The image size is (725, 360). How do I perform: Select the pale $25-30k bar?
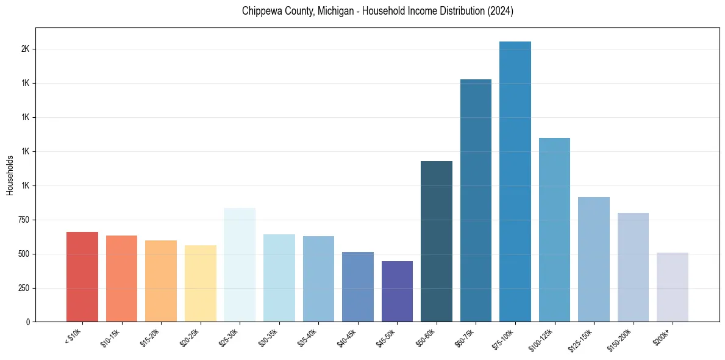[x=240, y=265]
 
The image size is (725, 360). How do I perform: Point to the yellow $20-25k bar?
[x=201, y=283]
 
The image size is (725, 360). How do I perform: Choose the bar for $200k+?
[x=673, y=287]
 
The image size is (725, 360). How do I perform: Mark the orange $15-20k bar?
[x=161, y=281]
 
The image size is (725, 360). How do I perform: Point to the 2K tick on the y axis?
[x=25, y=49]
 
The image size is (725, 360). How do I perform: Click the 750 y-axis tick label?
[x=23, y=220]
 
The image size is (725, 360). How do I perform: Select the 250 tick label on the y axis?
[x=23, y=288]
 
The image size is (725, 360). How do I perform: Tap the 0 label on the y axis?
[x=28, y=322]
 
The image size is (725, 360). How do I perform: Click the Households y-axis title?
[x=10, y=175]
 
